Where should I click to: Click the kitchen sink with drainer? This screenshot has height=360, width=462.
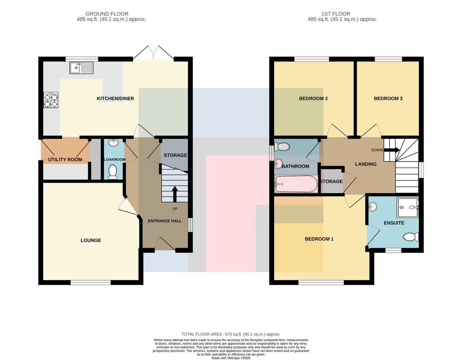click(81, 68)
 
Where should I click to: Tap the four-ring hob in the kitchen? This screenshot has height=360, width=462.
click(51, 100)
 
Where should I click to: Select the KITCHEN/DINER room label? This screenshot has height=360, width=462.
click(115, 98)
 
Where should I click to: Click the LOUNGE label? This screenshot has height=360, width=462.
click(91, 240)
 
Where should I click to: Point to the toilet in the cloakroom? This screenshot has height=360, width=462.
click(113, 172)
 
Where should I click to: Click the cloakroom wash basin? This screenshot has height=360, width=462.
click(113, 143)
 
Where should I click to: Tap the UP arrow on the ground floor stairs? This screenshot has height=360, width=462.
click(175, 194)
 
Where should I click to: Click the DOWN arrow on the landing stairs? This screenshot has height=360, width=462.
click(392, 150)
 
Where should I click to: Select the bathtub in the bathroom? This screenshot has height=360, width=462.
click(296, 184)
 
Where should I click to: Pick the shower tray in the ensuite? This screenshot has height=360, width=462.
click(408, 208)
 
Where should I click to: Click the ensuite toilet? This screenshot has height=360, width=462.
click(411, 237)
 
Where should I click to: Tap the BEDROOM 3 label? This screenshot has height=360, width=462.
click(388, 98)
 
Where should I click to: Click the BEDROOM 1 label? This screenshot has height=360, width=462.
click(319, 239)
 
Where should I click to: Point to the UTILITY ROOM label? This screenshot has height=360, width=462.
click(65, 160)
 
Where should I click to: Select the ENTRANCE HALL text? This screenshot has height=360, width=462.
click(165, 221)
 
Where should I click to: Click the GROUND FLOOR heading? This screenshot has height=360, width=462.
click(107, 14)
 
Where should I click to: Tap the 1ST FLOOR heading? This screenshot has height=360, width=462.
click(335, 14)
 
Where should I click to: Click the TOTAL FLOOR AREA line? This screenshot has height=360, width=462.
click(231, 334)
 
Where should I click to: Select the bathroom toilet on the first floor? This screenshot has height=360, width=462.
click(282, 146)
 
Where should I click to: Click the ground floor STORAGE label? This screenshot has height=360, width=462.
click(176, 155)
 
